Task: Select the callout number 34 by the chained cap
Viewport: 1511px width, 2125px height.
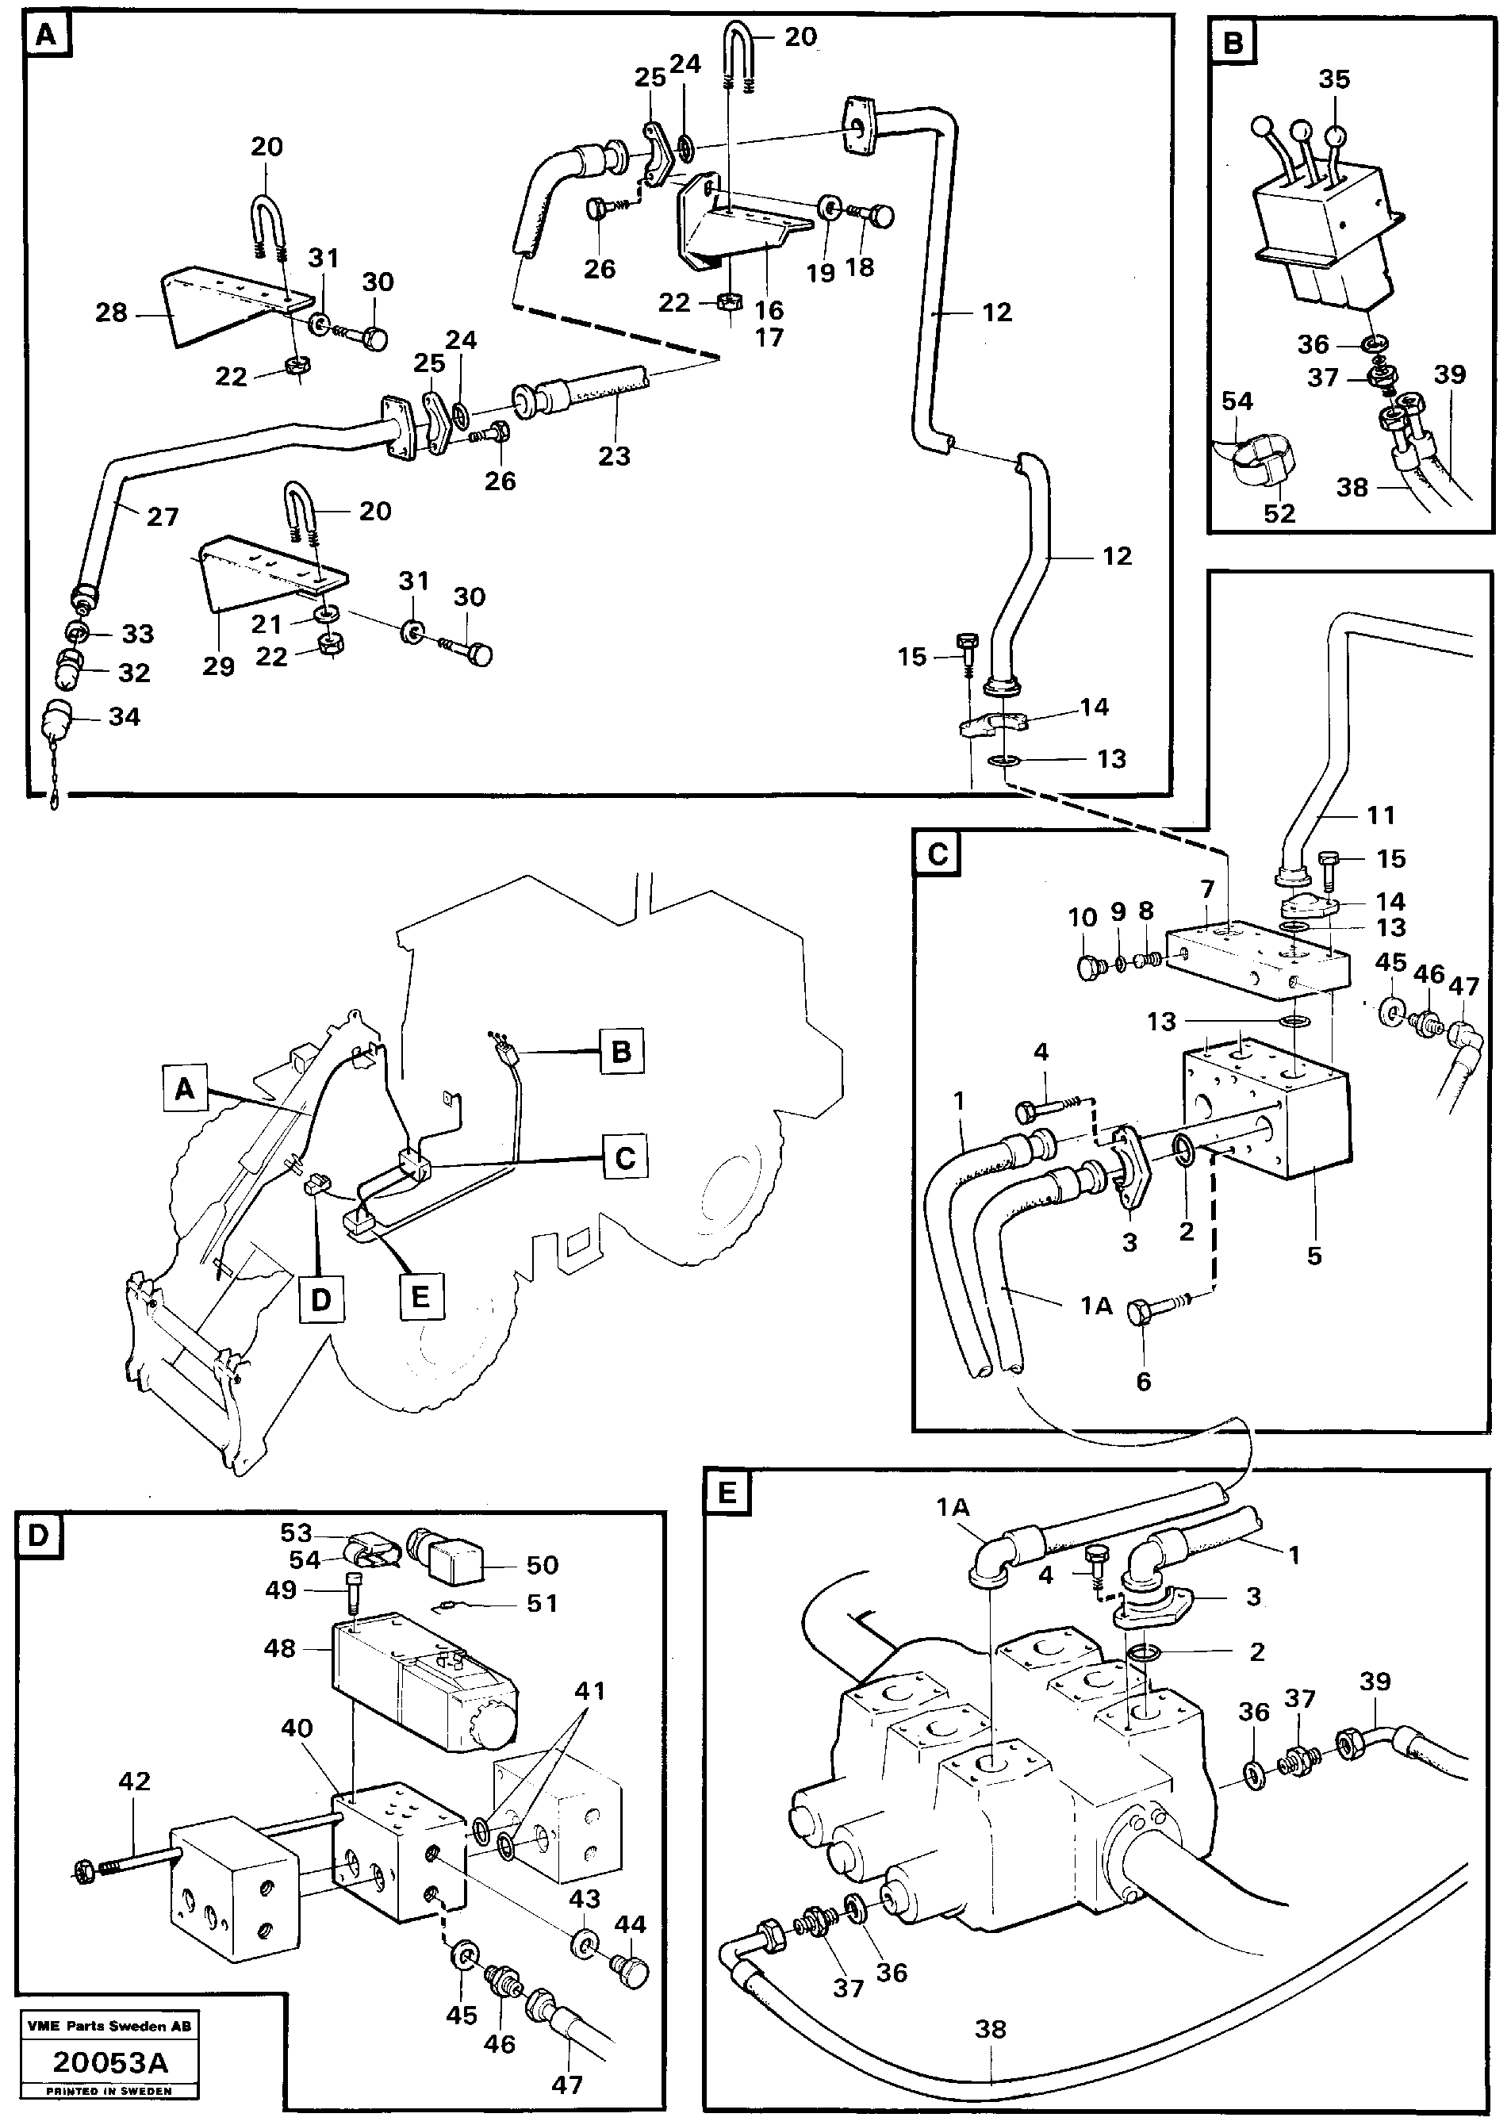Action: tap(124, 716)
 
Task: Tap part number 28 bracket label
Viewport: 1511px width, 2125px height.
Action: tap(111, 313)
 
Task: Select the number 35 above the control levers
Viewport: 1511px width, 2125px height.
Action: tap(1333, 79)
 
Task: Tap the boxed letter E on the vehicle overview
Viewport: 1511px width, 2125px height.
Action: tap(420, 1296)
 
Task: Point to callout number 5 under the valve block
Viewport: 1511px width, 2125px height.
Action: tap(1313, 1255)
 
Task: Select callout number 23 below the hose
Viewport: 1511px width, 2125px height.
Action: tap(614, 455)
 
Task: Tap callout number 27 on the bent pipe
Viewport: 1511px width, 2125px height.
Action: tap(163, 516)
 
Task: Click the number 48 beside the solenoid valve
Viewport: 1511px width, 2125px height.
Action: tap(279, 1647)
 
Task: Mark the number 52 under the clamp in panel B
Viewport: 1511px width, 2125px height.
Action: tap(1279, 512)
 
